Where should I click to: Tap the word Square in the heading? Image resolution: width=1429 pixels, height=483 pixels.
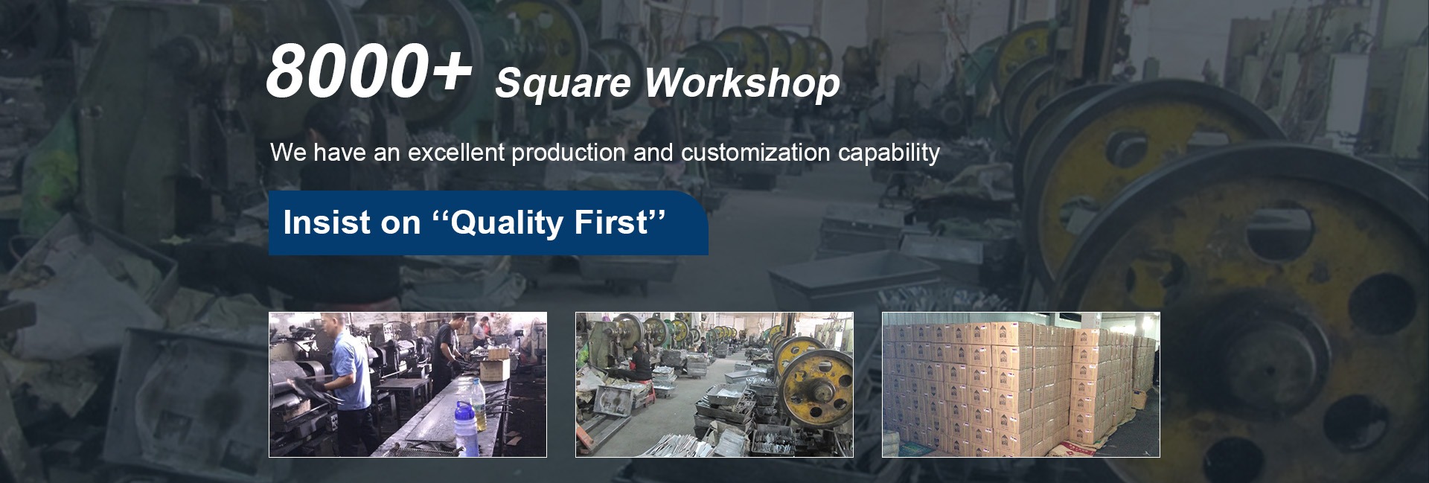[563, 83]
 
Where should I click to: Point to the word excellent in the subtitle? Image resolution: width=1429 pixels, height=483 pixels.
[456, 153]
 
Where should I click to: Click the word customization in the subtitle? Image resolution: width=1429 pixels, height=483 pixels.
[755, 153]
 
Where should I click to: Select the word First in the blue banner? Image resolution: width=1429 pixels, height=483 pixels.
[610, 223]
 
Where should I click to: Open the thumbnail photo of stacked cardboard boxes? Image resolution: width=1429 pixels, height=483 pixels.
[1020, 384]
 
